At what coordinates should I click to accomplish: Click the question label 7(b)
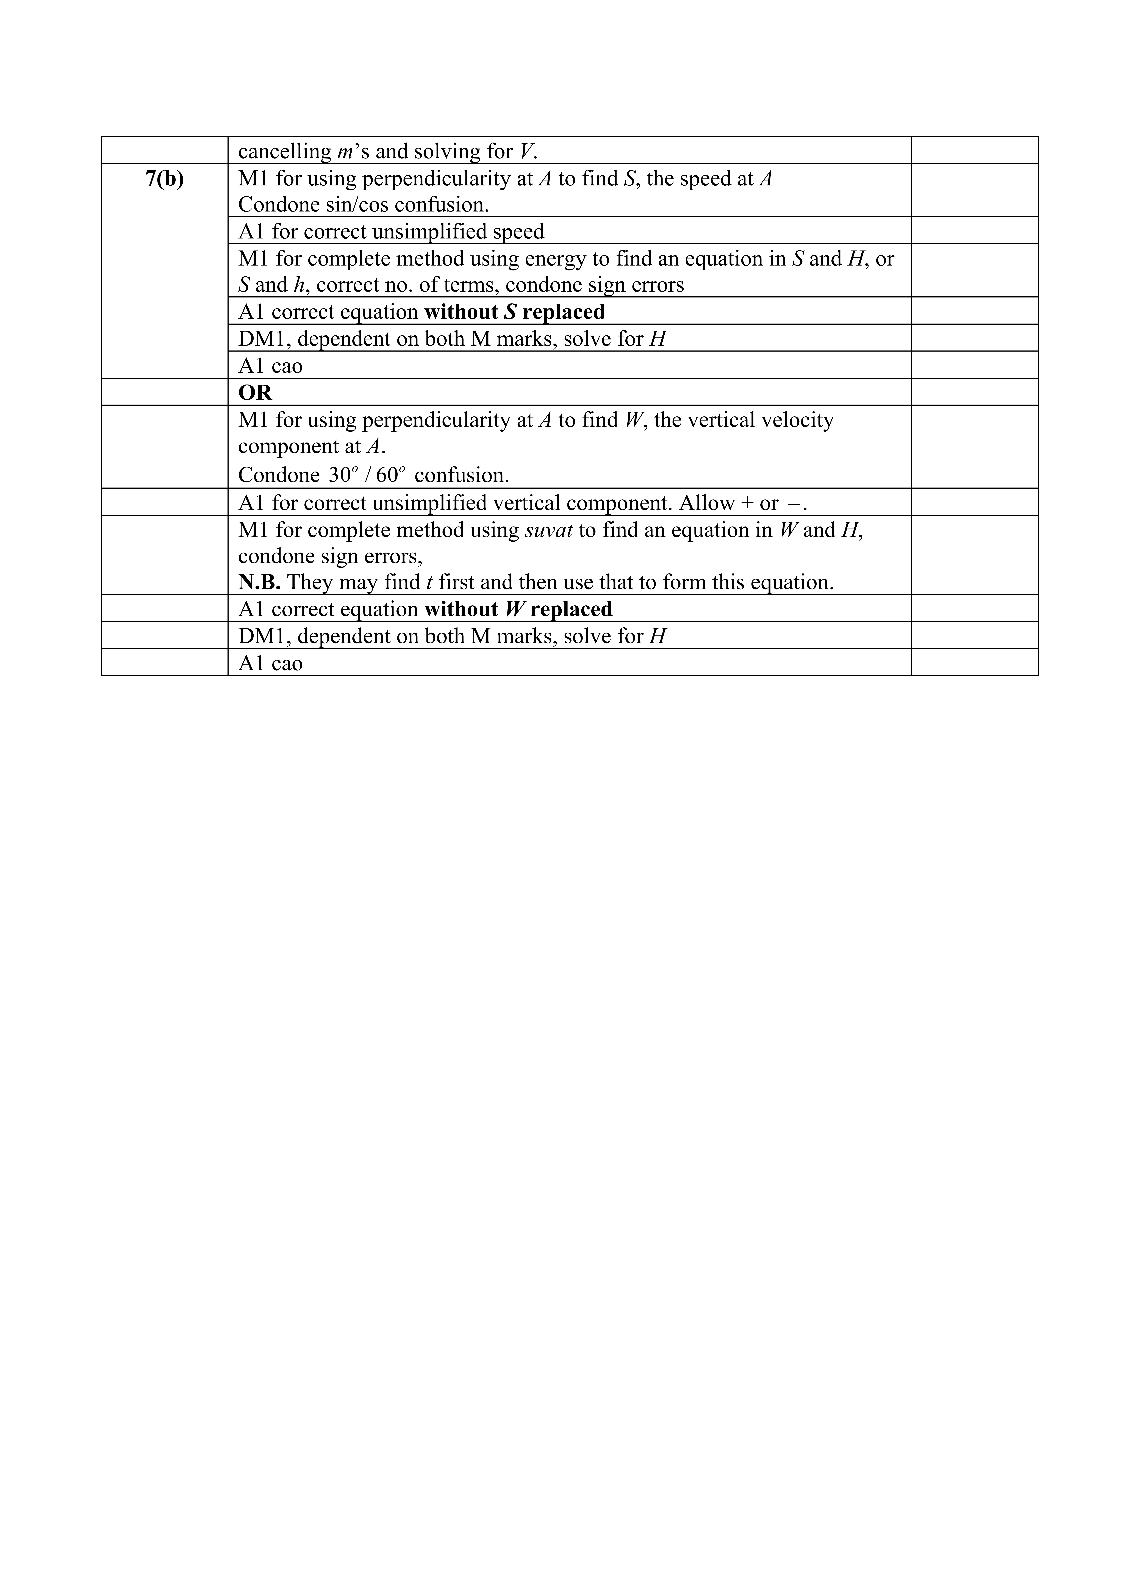(x=165, y=179)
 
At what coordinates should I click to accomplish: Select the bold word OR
(x=255, y=393)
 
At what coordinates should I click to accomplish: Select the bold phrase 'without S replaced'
(x=514, y=312)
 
